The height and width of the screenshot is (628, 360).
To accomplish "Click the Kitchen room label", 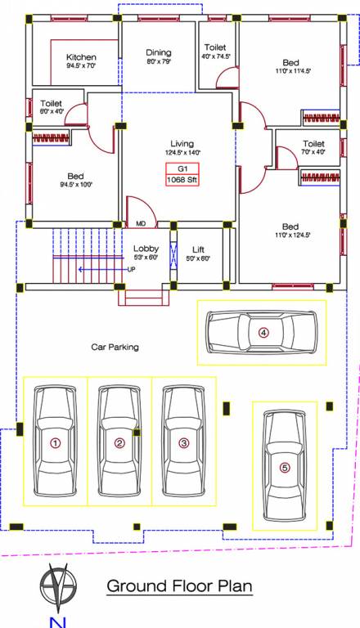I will tap(81, 57).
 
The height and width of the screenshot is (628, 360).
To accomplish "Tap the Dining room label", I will tap(159, 52).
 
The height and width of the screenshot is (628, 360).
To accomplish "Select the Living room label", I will tap(182, 143).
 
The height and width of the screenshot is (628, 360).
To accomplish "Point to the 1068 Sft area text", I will tap(182, 180).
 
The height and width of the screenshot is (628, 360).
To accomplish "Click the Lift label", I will tap(199, 249).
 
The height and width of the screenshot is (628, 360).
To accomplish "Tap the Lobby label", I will tap(146, 249).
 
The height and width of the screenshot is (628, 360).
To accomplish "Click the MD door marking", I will tap(141, 223).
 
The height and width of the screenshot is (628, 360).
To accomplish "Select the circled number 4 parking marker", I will tap(263, 332).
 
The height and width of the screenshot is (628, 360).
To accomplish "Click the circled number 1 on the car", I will tap(56, 443).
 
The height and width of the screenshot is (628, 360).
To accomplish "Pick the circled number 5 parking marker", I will tap(284, 468).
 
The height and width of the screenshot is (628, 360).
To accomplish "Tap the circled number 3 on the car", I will tap(184, 443).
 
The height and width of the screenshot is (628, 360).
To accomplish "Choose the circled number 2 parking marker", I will tap(119, 443).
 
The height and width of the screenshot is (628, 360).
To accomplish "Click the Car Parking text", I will tap(115, 347).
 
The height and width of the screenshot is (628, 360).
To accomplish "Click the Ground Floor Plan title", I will tap(180, 585).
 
